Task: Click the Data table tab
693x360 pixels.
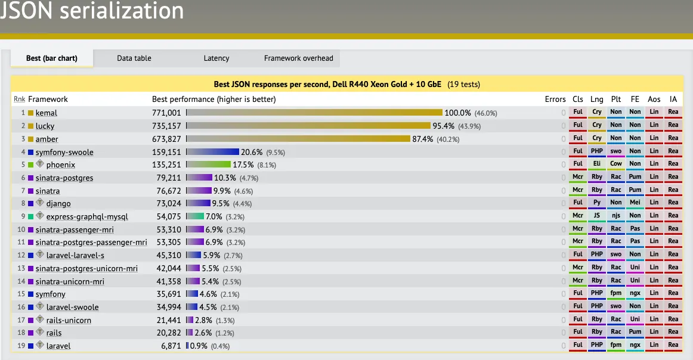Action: point(134,58)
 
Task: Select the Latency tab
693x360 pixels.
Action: point(216,58)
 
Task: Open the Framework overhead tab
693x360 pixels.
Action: point(298,58)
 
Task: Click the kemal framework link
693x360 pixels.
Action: point(47,113)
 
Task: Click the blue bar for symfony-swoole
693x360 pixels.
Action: point(213,152)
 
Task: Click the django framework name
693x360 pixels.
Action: point(58,204)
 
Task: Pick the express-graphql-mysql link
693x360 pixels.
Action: point(87,217)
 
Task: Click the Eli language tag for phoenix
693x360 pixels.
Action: point(597,164)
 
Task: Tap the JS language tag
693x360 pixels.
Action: point(597,216)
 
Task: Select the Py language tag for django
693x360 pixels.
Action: point(597,203)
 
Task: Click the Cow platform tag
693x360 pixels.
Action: point(616,164)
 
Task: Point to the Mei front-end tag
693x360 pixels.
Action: point(635,203)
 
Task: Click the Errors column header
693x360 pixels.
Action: point(555,100)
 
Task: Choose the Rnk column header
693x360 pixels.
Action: point(19,100)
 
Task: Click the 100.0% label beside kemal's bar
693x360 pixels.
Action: point(458,113)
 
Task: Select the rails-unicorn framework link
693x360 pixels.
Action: point(69,320)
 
